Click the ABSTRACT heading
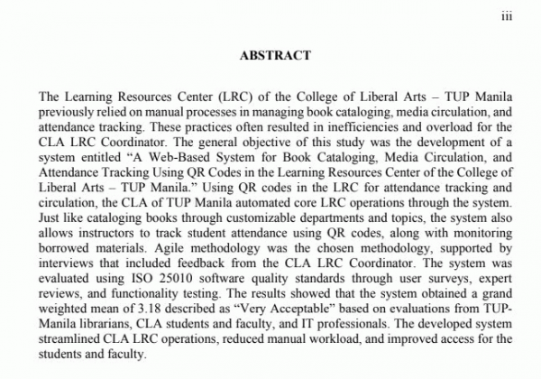275,55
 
